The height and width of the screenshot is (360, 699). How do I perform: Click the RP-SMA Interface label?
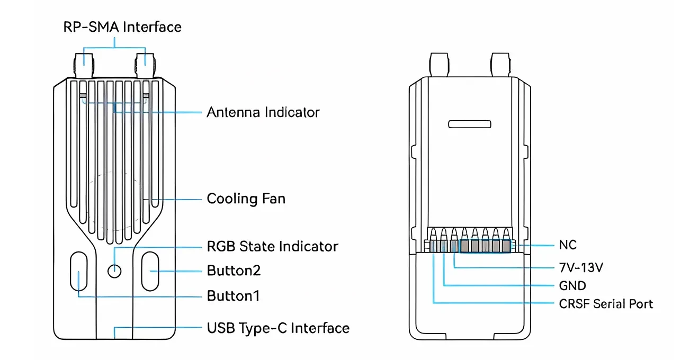[x=122, y=27]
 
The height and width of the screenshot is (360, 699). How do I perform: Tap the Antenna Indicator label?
[x=263, y=112]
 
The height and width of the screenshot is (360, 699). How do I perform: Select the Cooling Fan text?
[x=246, y=199]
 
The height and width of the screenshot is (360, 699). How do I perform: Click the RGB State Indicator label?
[x=272, y=247]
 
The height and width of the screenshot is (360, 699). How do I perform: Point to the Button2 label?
[x=234, y=271]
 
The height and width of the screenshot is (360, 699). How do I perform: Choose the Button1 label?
[x=233, y=296]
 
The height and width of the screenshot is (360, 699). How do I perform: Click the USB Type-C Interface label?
[x=278, y=328]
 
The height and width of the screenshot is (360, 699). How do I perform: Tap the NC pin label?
[x=568, y=245]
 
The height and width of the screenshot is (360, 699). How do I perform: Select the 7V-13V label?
[x=581, y=268]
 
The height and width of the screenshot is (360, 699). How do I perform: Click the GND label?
[x=572, y=286]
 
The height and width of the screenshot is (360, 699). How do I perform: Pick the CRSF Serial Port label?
[x=606, y=304]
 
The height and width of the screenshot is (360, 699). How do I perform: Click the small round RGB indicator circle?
[x=114, y=271]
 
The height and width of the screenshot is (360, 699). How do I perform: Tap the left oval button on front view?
[x=78, y=272]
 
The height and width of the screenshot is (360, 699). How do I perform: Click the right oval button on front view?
[x=150, y=271]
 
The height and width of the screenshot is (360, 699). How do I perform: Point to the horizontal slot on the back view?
[x=470, y=124]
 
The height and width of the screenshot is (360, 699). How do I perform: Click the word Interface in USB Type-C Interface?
[x=320, y=328]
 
